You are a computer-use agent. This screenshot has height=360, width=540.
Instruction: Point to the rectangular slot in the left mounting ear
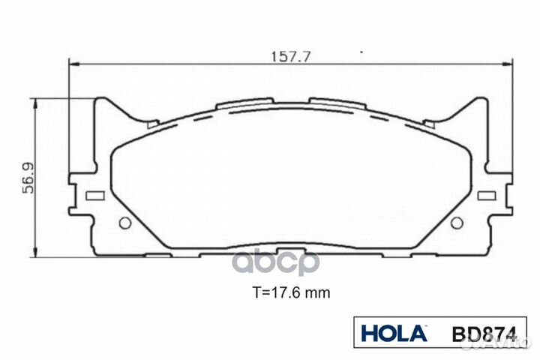coord(94,196)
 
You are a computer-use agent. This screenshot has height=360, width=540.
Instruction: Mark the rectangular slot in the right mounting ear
coord(487,196)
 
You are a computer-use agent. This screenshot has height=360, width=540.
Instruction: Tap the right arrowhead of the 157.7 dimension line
coord(511,65)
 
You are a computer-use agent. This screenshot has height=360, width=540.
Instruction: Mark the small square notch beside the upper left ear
coord(151,123)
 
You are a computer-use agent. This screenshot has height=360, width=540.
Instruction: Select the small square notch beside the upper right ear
coord(430,123)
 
